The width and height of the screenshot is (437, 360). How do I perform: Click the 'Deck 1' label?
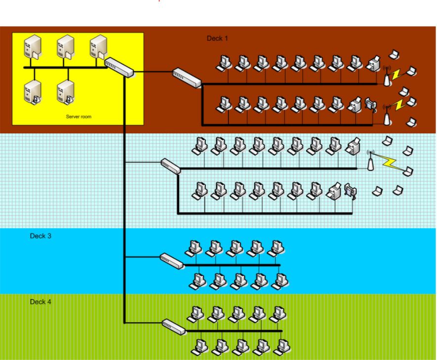point(217,39)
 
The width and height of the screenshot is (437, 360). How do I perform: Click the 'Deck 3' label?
point(40,236)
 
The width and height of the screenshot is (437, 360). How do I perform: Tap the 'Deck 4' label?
point(40,302)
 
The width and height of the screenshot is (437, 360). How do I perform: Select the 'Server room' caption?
point(79,117)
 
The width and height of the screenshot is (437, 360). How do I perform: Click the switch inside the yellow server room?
point(119,67)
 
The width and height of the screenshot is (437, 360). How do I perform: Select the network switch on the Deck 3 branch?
point(172,260)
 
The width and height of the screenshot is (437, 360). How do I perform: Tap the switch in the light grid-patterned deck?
point(171,166)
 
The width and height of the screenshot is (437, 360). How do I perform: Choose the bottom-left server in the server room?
point(32,92)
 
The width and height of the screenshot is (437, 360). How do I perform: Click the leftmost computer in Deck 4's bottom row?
point(200,346)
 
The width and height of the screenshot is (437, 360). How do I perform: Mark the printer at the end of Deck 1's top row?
point(374,64)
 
